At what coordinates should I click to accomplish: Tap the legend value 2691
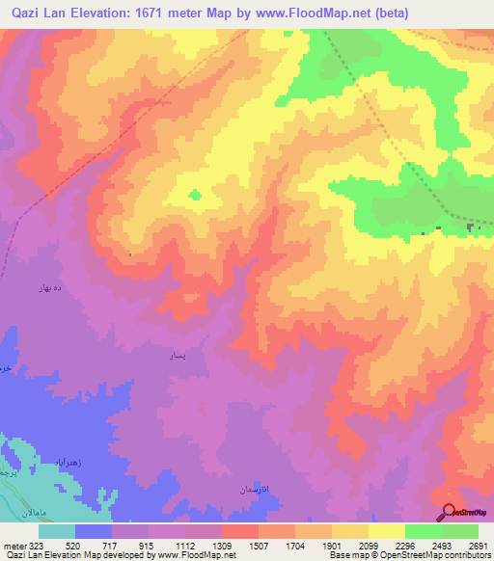coord(479,545)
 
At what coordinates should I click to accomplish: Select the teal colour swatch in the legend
coord(57,531)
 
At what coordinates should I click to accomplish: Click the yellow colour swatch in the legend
coord(386,531)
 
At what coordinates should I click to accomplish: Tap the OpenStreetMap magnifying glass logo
coord(450,512)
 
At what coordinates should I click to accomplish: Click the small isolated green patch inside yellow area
coord(195,195)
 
